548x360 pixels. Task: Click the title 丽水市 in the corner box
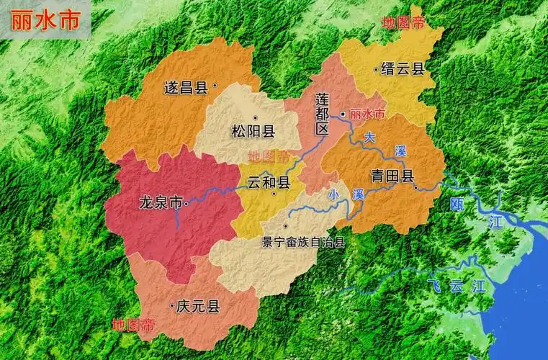45,19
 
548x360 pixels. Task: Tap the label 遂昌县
186,88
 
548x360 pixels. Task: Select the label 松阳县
253,131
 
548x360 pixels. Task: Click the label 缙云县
403,69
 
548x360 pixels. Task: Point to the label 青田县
392,176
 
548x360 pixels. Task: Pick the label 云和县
268,182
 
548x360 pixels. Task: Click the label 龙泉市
160,202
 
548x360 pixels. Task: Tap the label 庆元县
198,307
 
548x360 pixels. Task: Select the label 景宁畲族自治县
303,242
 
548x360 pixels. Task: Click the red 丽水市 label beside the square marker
367,114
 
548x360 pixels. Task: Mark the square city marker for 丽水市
343,114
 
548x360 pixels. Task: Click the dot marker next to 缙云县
375,70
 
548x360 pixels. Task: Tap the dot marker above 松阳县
253,117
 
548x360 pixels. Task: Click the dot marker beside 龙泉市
187,203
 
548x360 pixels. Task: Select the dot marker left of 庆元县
171,307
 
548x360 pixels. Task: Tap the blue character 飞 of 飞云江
433,284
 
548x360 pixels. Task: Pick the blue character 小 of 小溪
333,194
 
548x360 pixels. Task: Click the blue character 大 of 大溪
369,136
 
